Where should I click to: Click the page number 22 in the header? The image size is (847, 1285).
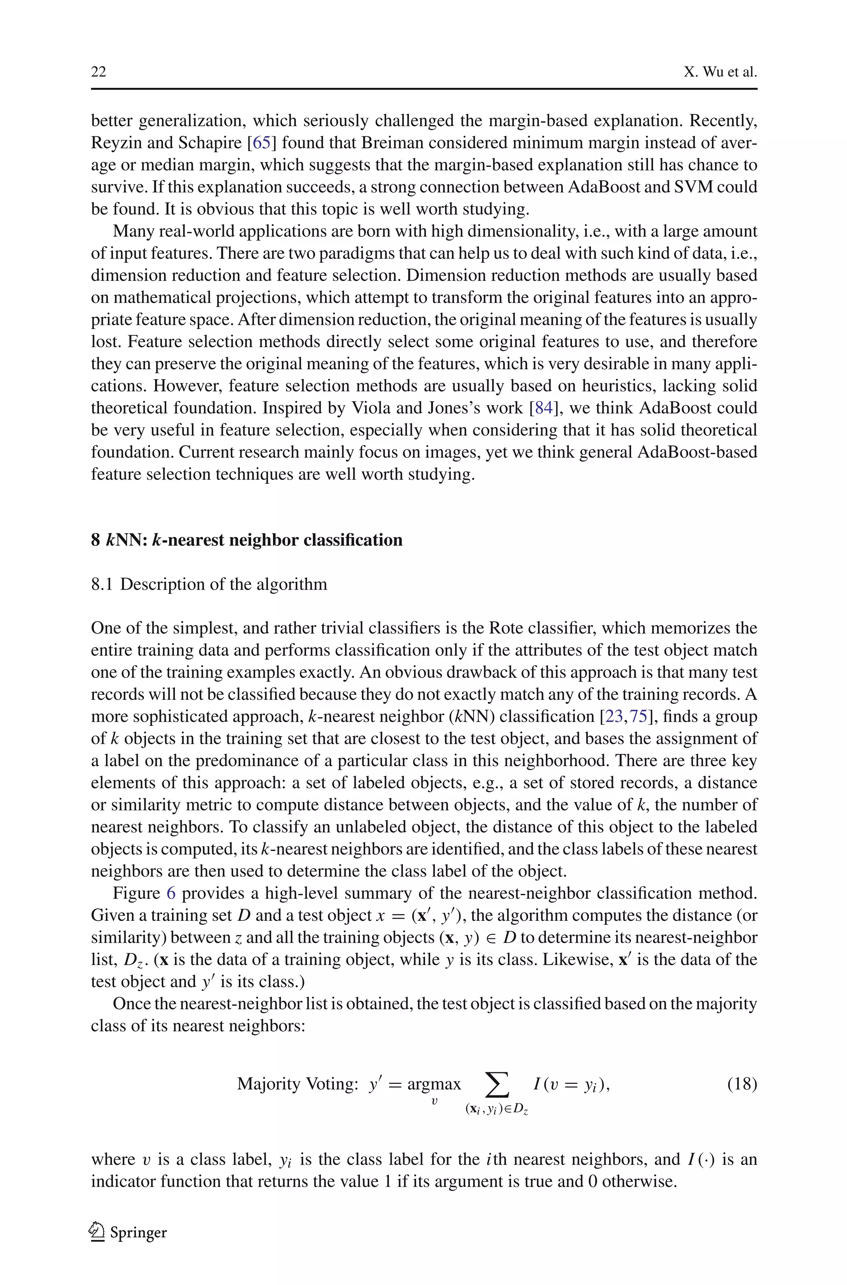pyautogui.click(x=98, y=72)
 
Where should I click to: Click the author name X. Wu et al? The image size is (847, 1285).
pyautogui.click(x=720, y=72)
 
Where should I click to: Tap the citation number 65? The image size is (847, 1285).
pyautogui.click(x=261, y=143)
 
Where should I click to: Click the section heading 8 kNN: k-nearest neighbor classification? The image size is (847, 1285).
pyautogui.click(x=246, y=540)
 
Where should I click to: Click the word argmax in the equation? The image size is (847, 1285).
pyautogui.click(x=434, y=1085)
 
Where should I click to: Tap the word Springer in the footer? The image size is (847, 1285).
pyautogui.click(x=138, y=1232)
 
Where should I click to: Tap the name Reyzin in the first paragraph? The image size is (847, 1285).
pyautogui.click(x=116, y=143)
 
